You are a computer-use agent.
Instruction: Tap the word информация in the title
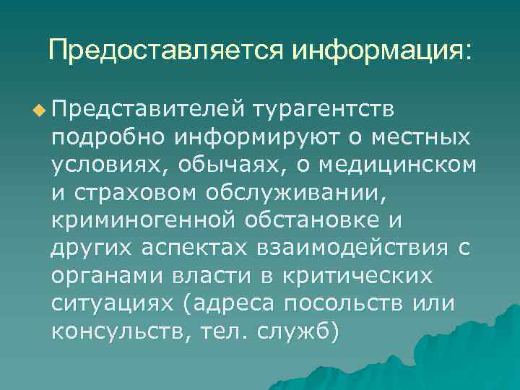point(379,50)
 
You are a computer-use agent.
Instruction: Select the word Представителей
point(144,109)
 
